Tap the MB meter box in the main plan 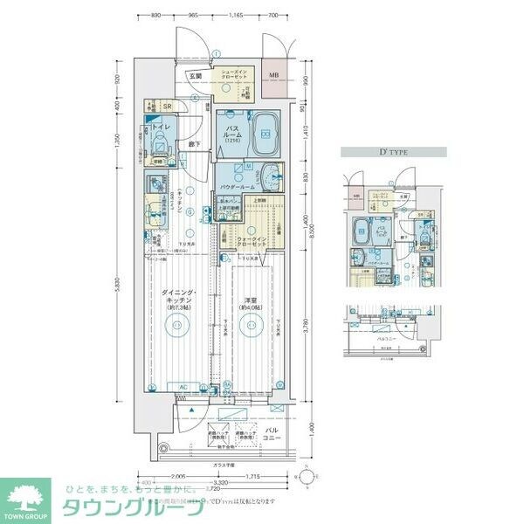pyautogui.click(x=273, y=76)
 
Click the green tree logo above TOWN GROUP pyautogui.click(x=27, y=492)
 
